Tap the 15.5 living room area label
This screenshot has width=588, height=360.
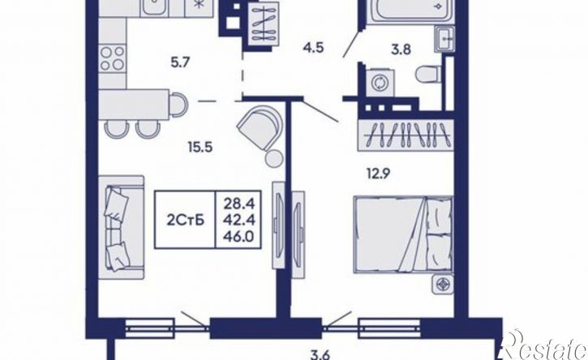[200, 147]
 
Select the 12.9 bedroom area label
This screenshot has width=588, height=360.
[379, 174]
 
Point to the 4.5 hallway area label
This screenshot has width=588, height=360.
[313, 48]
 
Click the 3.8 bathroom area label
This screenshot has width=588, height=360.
[401, 49]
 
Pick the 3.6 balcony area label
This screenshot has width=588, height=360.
[320, 354]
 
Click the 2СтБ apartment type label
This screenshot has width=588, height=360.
[185, 221]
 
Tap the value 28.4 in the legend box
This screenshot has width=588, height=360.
[239, 204]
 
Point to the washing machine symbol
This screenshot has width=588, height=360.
[378, 82]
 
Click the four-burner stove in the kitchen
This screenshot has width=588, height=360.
[112, 58]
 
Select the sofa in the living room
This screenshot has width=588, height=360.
[121, 227]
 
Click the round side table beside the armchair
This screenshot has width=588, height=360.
[274, 158]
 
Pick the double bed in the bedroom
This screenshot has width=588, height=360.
[403, 234]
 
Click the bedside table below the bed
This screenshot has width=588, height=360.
[443, 284]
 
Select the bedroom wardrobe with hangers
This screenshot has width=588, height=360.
[406, 135]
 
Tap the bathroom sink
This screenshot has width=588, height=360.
[444, 38]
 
